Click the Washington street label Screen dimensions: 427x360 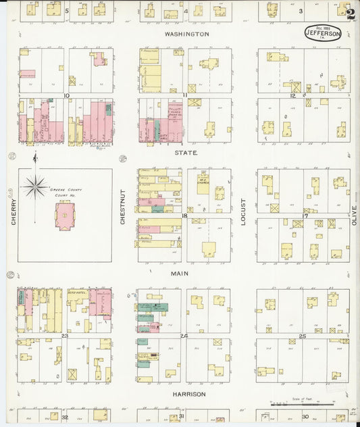click(x=187, y=33)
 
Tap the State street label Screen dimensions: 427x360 click(x=187, y=153)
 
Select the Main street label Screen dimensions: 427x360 click(x=180, y=274)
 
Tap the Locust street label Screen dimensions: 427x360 click(x=244, y=211)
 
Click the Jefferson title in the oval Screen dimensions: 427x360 click(x=322, y=30)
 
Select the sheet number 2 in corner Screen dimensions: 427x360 click(x=349, y=12)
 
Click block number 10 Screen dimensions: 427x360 click(x=66, y=96)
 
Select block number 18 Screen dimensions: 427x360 click(x=184, y=216)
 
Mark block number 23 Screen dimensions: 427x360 click(x=66, y=335)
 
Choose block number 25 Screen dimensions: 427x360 click(x=303, y=336)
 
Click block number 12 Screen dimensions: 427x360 click(x=292, y=96)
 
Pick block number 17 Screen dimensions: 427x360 click(x=305, y=216)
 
